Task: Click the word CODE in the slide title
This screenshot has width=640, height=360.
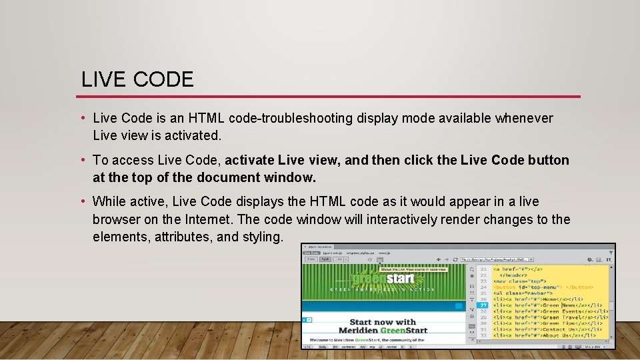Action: click(163, 80)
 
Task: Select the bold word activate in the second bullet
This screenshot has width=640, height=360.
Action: click(249, 160)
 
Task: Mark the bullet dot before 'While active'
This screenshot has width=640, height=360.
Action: click(85, 201)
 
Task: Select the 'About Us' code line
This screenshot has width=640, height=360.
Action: click(550, 335)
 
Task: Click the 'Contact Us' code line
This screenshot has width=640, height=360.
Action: click(550, 329)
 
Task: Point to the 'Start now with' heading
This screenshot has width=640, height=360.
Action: click(383, 323)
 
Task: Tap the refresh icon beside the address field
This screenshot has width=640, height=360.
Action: click(455, 259)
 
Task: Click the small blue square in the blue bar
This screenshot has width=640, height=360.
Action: click(457, 306)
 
